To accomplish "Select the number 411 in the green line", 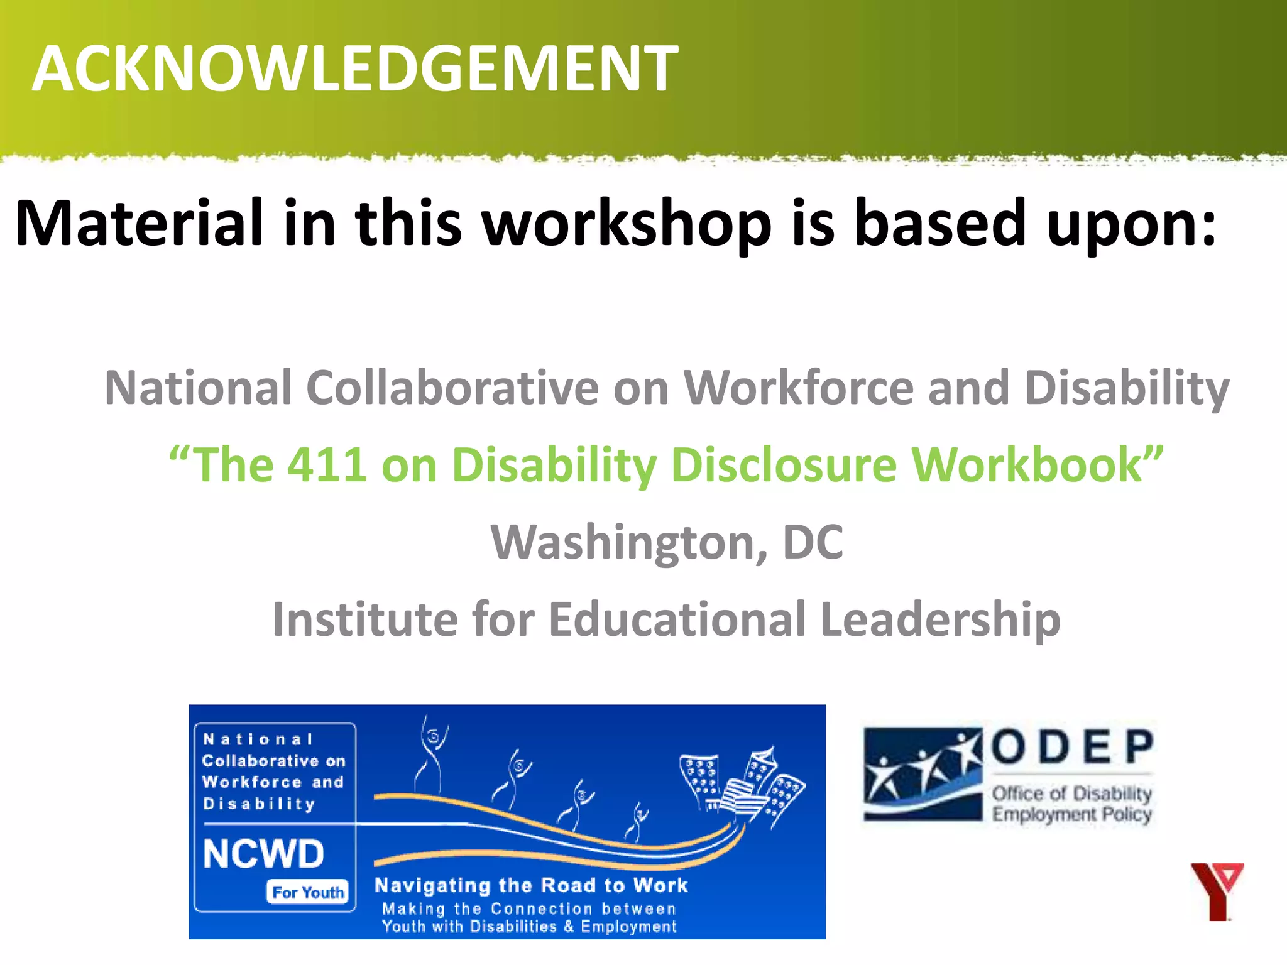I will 327,465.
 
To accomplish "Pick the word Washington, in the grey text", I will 628,542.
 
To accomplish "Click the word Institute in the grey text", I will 365,619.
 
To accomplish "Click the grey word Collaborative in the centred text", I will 452,388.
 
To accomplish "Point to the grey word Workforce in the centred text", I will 798,388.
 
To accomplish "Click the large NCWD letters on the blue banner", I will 263,854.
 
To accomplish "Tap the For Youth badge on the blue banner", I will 307,892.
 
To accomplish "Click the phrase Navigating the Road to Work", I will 531,885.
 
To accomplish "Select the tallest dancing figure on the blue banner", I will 431,754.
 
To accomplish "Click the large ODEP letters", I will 1072,747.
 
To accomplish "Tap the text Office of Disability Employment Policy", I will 1071,804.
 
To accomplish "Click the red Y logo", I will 1217,891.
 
